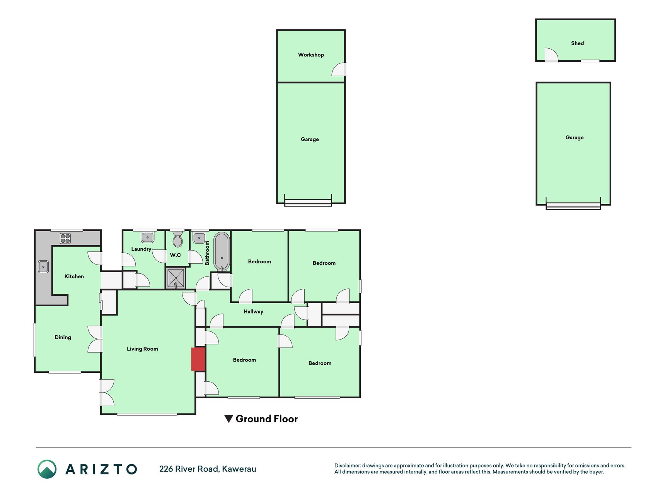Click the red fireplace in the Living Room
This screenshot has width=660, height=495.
pos(198,359)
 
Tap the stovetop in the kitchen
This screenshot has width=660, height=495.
pos(65,238)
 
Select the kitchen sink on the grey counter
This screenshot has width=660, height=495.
pos(43,266)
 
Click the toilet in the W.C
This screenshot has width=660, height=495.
pos(177,238)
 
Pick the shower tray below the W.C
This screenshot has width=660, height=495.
pos(176,278)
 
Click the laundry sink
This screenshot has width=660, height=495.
pos(147,237)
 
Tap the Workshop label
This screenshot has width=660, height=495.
pos(311,55)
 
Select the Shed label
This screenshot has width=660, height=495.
pos(577,43)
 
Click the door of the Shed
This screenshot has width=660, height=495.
pos(551,55)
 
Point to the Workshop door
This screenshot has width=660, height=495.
pos(339,69)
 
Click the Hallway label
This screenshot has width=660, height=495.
pos(253,312)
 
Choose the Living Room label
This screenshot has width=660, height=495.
pos(142,349)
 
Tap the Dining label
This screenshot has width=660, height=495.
pos(63,337)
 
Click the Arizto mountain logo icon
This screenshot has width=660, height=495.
pos(47,469)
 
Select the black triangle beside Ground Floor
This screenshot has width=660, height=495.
pos(229,419)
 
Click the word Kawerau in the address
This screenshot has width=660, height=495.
pos(239,469)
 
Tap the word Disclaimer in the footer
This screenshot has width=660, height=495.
pos(347,466)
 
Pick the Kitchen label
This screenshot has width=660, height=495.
pos(74,277)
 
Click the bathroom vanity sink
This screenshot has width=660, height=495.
pos(199,237)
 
